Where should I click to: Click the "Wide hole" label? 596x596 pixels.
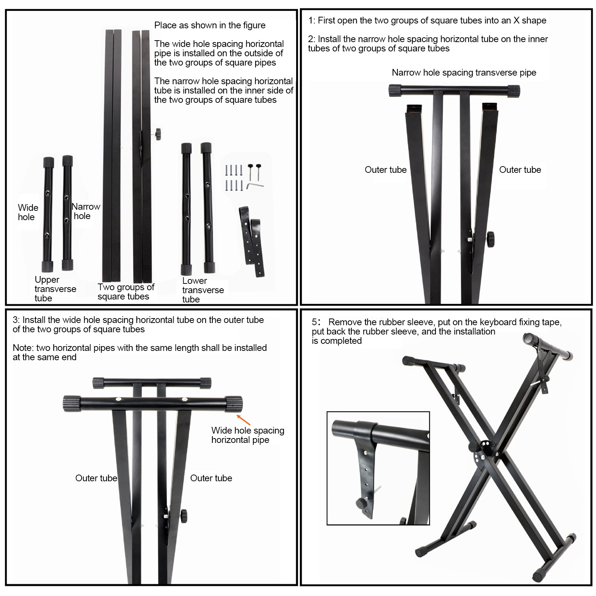point(28,212)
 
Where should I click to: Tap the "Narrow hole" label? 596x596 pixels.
point(86,211)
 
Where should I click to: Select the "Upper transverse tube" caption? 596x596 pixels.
point(55,289)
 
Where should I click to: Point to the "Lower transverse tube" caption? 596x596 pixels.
point(203,290)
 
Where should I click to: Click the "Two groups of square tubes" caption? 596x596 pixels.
point(126,292)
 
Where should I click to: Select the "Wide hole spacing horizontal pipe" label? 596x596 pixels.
point(248,435)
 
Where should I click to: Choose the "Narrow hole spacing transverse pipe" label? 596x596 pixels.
point(464,73)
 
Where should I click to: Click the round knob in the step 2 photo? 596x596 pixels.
point(490,236)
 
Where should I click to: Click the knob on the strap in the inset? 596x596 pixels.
point(361,503)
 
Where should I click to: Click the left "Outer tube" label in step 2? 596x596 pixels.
point(386,170)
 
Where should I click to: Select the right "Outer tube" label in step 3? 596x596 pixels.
point(211,478)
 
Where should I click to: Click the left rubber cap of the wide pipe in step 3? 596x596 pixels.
point(72,404)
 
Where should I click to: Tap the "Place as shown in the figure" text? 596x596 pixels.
point(210,25)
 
